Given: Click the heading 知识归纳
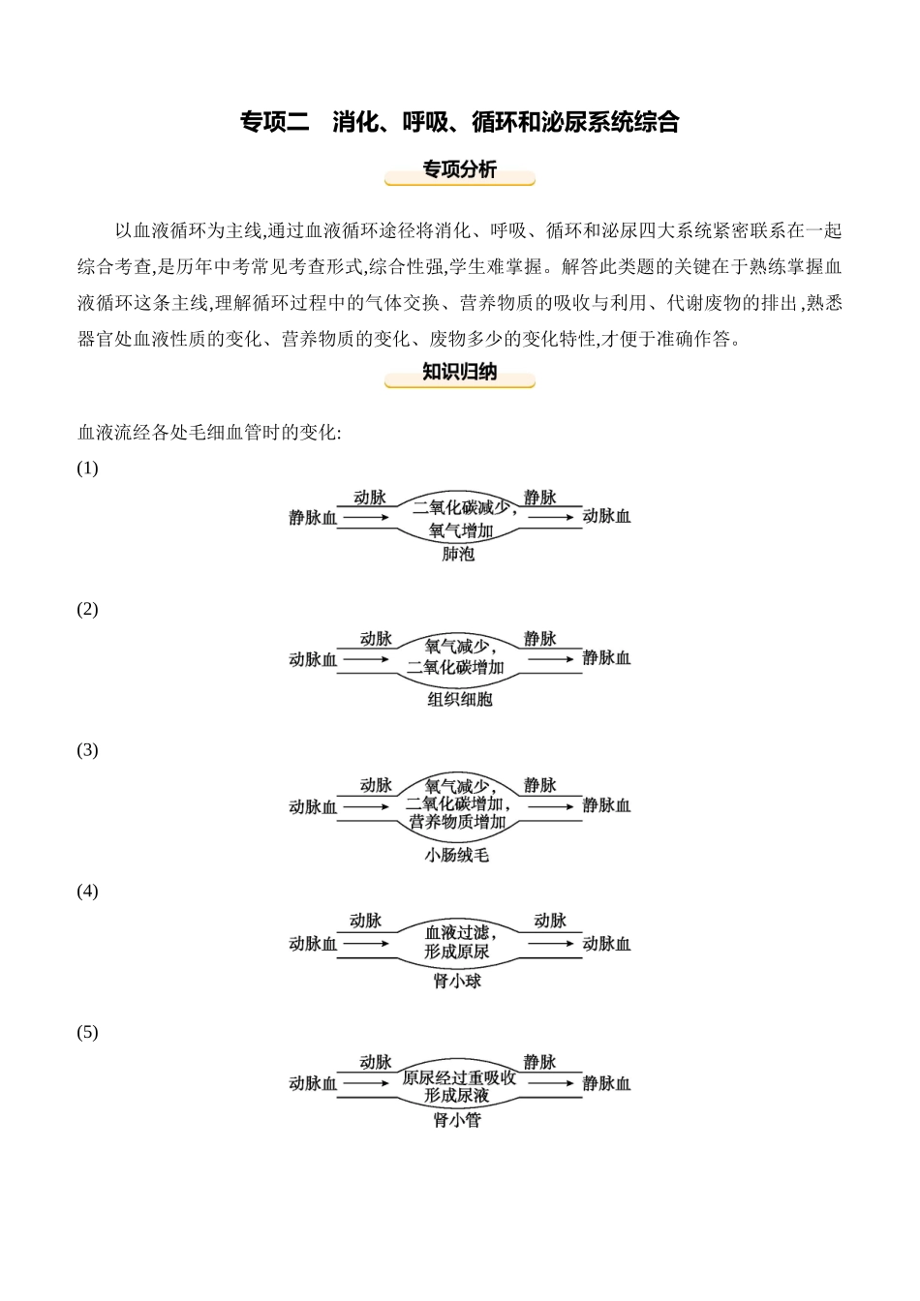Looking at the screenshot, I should tap(459, 372).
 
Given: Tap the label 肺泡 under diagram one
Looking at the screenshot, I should tap(458, 555).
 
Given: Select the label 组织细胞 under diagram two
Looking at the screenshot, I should tap(460, 699).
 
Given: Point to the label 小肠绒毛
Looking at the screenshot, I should tap(457, 855).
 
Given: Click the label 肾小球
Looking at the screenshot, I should tap(457, 981).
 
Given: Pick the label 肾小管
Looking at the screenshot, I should tap(457, 1120).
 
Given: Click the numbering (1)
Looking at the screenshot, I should tap(87, 469).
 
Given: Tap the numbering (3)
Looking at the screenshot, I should tap(87, 750).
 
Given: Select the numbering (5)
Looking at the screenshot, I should tap(87, 1032).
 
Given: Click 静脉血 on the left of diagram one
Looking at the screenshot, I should tap(313, 518).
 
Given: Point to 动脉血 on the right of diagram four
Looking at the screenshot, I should tap(606, 944).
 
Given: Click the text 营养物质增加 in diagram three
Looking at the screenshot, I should tap(458, 822).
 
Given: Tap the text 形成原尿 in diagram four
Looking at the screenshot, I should tap(457, 952).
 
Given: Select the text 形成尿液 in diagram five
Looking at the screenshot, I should tap(457, 1095).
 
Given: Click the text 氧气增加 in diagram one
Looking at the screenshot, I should tap(460, 530).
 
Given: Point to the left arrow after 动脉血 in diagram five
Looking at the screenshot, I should tap(366, 1083).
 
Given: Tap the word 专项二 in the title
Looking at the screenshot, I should tap(274, 122).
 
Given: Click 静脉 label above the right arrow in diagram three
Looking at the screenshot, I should tap(539, 785).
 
